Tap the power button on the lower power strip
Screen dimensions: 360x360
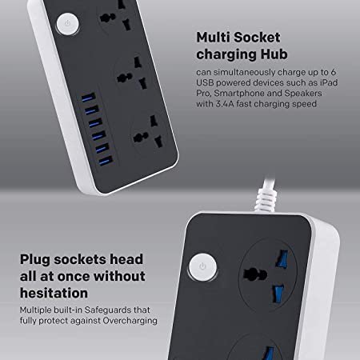[x=202, y=267]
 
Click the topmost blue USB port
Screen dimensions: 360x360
[x=89, y=98]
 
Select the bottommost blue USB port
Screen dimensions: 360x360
[x=106, y=161]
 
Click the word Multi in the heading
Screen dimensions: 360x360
[x=213, y=37]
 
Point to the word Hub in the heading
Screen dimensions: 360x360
[x=274, y=54]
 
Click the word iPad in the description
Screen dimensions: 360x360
[x=329, y=82]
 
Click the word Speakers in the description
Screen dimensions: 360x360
[x=303, y=94]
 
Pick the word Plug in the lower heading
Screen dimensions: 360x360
[x=35, y=260]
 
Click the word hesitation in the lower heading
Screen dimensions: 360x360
[x=54, y=293]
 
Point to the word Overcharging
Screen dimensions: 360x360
[x=130, y=321]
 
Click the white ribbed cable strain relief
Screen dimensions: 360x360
[x=266, y=200]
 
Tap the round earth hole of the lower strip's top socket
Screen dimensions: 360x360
[x=255, y=274]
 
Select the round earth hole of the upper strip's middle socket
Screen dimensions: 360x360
[x=125, y=78]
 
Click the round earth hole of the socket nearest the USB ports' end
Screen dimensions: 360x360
[x=141, y=137]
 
